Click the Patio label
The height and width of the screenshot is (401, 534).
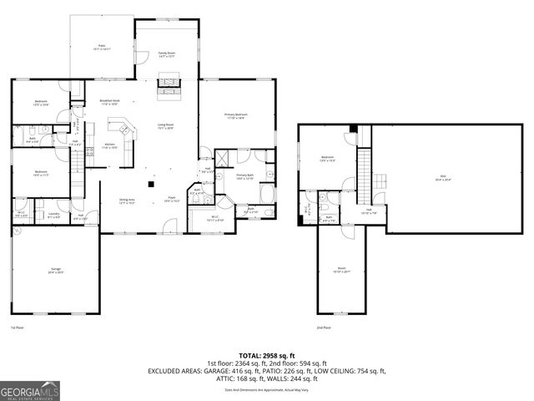click(102, 48)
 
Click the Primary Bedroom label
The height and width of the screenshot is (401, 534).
click(235, 116)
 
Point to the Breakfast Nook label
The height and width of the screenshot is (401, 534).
click(110, 102)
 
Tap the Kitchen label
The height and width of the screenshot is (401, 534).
click(109, 145)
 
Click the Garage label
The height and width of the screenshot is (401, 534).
click(55, 270)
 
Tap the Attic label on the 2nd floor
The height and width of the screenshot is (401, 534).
click(441, 177)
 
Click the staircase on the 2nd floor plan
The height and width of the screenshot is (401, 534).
click(363, 171)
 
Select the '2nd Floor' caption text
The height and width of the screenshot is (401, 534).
click(323, 327)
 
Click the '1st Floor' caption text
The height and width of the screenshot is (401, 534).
click(18, 327)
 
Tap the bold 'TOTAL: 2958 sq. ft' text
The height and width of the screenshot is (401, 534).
click(266, 355)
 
